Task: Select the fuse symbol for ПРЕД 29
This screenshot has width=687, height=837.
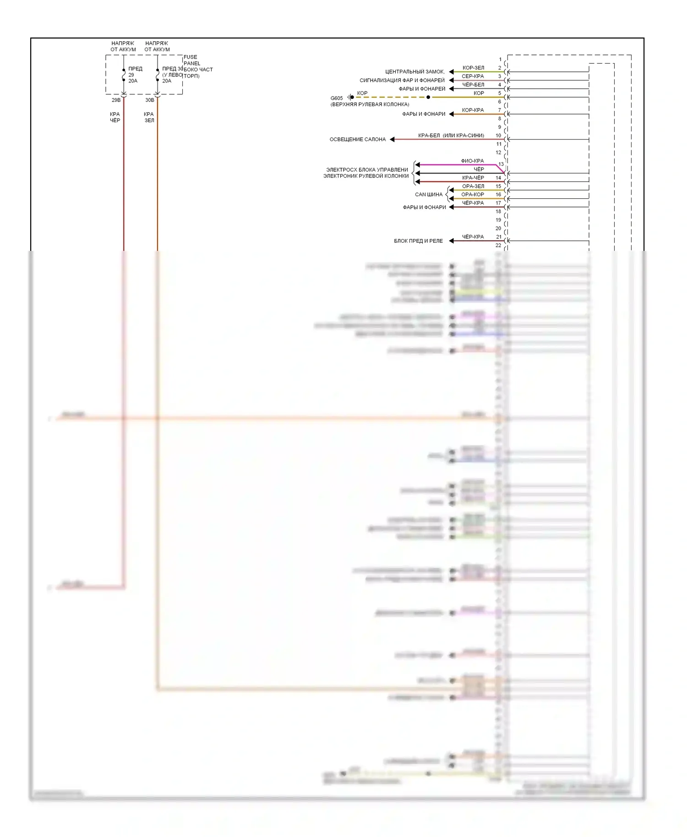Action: pyautogui.click(x=124, y=75)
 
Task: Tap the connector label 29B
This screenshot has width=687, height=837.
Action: pyautogui.click(x=116, y=100)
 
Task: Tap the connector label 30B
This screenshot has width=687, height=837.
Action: pyautogui.click(x=150, y=100)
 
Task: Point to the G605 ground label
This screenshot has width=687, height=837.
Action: pyautogui.click(x=337, y=98)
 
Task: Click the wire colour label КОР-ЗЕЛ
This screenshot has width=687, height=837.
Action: pyautogui.click(x=473, y=68)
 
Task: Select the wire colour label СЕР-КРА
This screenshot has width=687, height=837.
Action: pyautogui.click(x=473, y=76)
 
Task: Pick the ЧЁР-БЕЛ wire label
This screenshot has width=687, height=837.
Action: pyautogui.click(x=473, y=85)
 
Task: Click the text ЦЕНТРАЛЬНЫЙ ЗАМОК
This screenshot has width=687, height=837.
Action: pyautogui.click(x=414, y=72)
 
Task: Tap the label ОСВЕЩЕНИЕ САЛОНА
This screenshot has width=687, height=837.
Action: pyautogui.click(x=358, y=139)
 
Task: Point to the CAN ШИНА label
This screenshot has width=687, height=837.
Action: pyautogui.click(x=429, y=195)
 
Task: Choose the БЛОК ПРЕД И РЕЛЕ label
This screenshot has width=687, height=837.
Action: pyautogui.click(x=418, y=241)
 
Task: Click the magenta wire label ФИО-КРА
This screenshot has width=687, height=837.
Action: pyautogui.click(x=472, y=161)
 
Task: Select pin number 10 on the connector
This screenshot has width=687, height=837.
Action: pyautogui.click(x=498, y=136)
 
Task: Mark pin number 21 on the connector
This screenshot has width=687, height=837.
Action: pyautogui.click(x=499, y=237)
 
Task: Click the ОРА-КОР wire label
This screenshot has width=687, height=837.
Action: pyautogui.click(x=473, y=195)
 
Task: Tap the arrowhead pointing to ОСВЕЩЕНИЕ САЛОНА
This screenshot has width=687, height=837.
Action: pyautogui.click(x=393, y=139)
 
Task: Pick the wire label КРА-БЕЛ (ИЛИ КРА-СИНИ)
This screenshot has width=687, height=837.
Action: pyautogui.click(x=451, y=136)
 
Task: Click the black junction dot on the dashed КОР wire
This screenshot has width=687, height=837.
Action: pyautogui.click(x=428, y=97)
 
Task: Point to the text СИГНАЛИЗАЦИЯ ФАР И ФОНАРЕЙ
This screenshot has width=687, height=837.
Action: pyautogui.click(x=402, y=80)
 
